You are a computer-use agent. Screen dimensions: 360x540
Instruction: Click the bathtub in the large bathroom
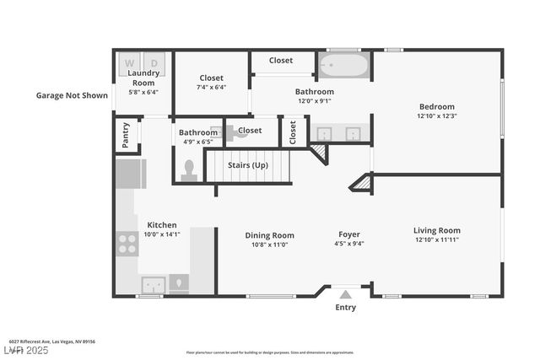tap(343, 65)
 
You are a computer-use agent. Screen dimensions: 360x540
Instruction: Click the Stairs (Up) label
tap(248, 165)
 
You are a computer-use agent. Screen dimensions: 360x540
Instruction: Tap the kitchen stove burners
tap(127, 244)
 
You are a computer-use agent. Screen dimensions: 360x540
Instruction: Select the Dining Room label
tap(269, 235)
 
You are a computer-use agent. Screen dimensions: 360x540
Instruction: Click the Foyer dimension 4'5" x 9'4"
tap(349, 244)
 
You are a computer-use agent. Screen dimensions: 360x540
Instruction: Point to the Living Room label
tap(436, 230)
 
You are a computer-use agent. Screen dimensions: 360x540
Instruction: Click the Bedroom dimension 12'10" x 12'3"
tap(437, 116)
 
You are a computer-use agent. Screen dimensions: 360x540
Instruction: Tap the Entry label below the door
tap(345, 308)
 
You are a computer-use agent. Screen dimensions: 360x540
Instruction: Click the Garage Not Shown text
tap(72, 95)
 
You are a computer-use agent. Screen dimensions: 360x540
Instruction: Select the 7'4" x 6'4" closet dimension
tap(211, 87)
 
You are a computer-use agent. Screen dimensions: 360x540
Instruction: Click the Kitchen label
tap(162, 225)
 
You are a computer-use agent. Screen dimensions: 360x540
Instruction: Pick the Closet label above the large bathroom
tap(281, 61)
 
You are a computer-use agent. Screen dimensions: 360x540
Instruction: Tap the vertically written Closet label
tap(293, 132)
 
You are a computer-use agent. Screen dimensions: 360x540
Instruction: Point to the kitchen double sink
tap(153, 283)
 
